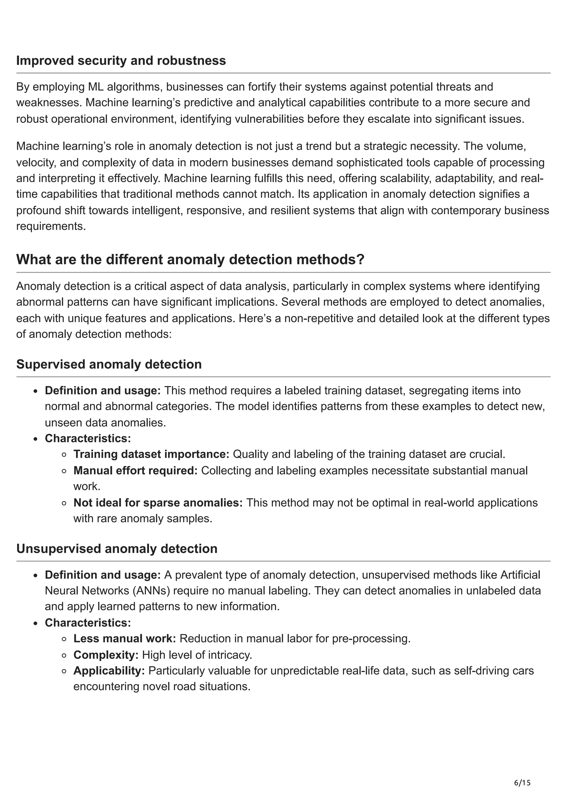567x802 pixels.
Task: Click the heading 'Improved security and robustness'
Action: click(121, 61)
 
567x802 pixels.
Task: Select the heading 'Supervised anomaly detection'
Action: click(109, 364)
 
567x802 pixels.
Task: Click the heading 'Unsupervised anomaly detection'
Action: click(117, 549)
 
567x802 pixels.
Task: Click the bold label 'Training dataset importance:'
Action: click(151, 454)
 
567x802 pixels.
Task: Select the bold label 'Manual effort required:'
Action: click(135, 471)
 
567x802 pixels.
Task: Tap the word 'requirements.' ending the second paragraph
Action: click(51, 226)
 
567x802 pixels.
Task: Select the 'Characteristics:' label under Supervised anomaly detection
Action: click(88, 438)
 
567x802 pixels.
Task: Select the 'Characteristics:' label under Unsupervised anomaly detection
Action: click(88, 623)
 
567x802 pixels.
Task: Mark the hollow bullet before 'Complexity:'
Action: click(64, 655)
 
